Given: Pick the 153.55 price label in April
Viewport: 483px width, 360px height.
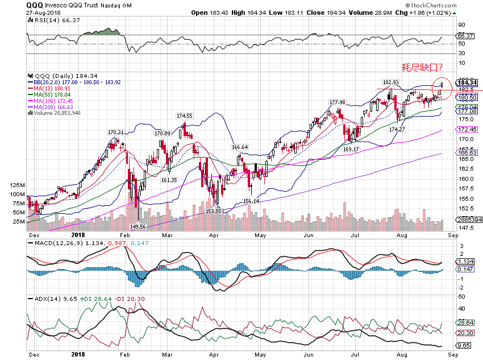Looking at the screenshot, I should click(214, 211).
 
